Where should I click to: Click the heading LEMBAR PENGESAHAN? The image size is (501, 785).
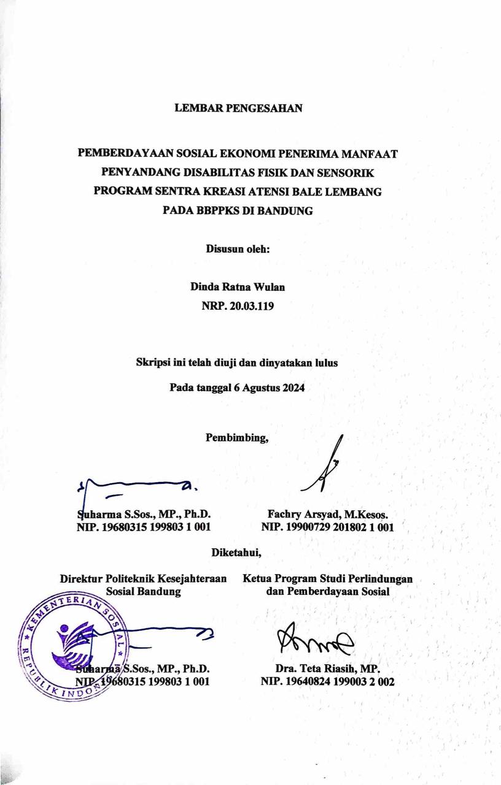point(238,109)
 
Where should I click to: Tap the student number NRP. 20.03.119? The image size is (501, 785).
point(238,305)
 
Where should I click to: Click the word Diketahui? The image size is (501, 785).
point(236,552)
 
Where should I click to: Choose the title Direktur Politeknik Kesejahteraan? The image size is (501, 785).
point(143,578)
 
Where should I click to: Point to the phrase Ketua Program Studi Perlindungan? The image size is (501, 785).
point(327,578)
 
